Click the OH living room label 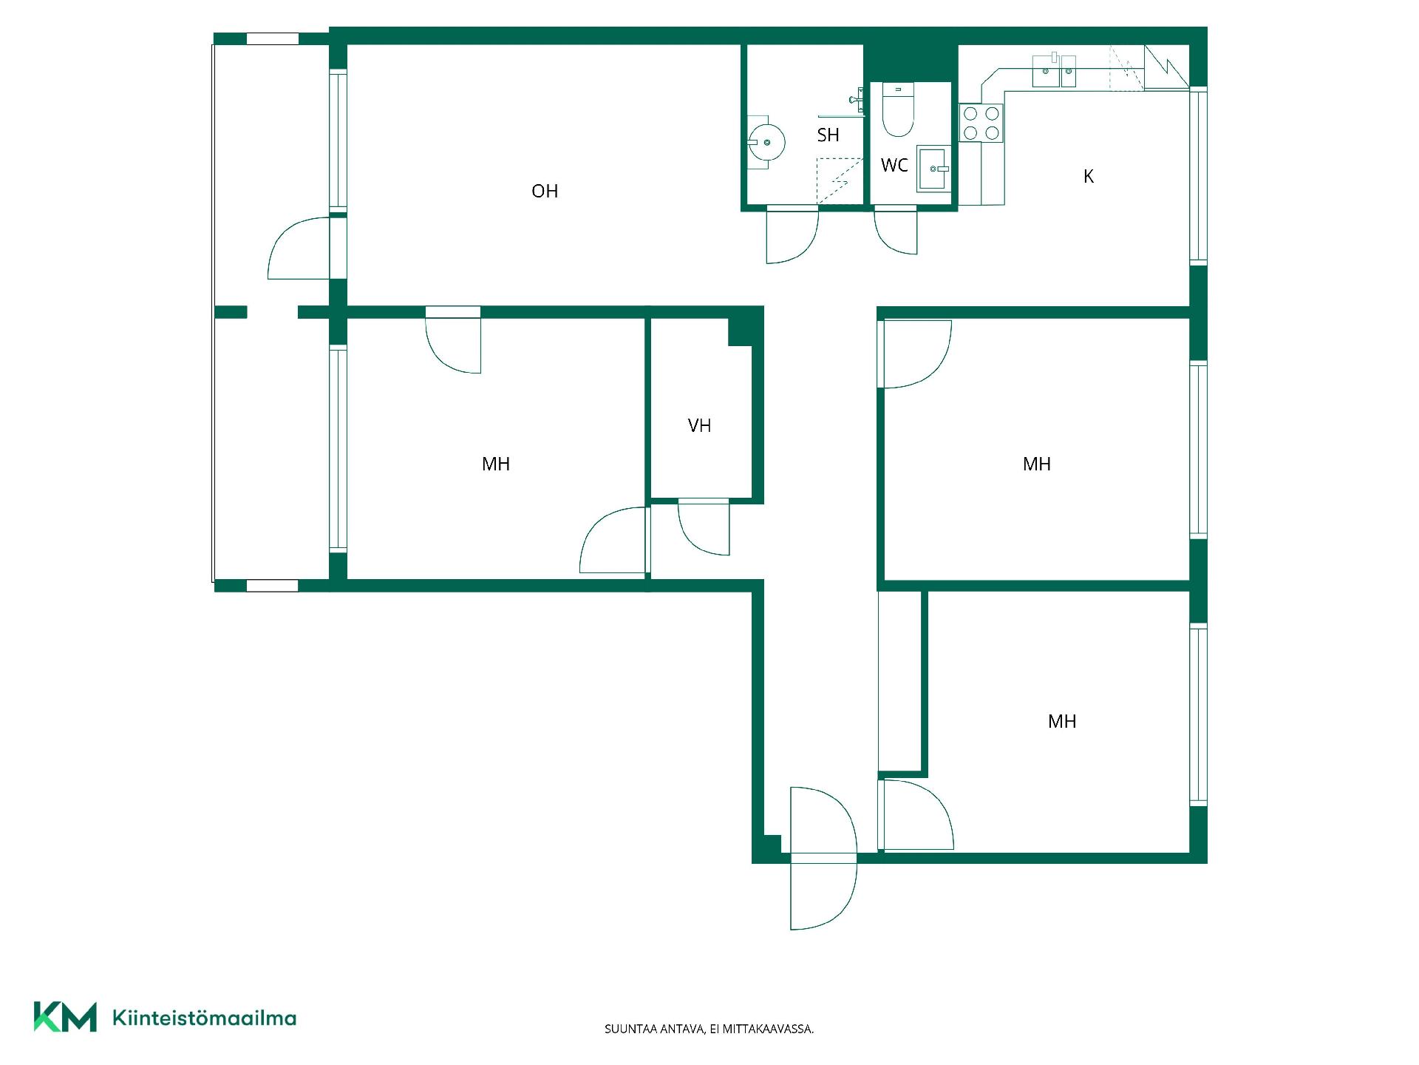(x=545, y=191)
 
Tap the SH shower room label (x=828, y=135)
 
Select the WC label (x=894, y=165)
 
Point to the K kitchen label (x=1088, y=176)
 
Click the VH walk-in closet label (x=699, y=425)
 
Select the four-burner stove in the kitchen (x=981, y=123)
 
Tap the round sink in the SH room (x=766, y=141)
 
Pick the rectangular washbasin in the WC (x=933, y=169)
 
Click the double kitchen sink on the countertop (x=1054, y=71)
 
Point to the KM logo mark (x=65, y=1017)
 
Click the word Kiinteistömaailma (x=204, y=1018)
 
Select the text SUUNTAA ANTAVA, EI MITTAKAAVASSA (x=709, y=1029)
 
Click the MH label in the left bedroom (x=496, y=464)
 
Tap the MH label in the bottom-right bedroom (x=1062, y=721)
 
